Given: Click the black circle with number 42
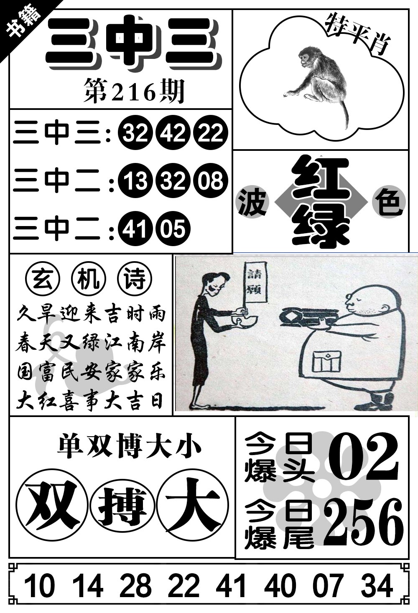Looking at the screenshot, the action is pos(173,133).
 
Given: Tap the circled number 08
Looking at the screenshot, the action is pos(210,181).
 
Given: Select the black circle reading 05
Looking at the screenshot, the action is pos(173,229).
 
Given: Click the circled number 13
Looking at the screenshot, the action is pos(135,181).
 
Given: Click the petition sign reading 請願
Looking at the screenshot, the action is pos(255,282).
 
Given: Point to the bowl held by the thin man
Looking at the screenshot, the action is pos(245,319).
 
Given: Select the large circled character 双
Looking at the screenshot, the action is pos(51,505).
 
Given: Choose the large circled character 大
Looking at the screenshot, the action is pos(192,505).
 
